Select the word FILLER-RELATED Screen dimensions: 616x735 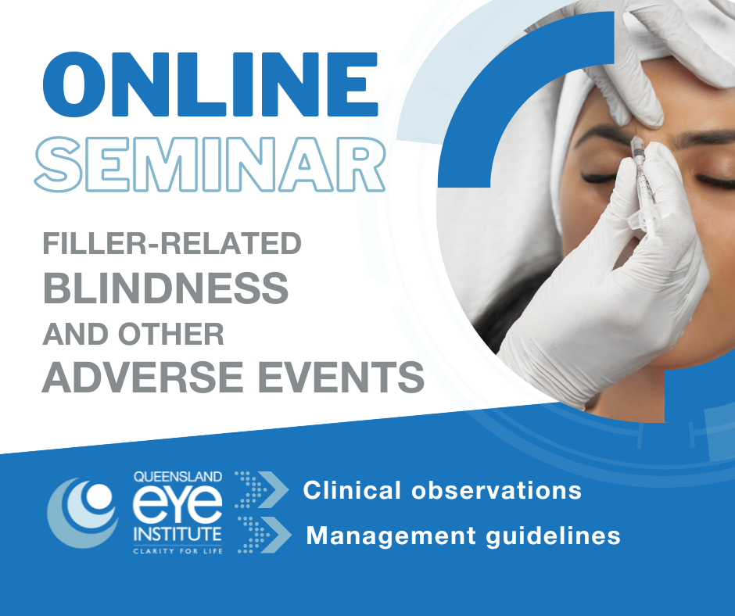point(171,244)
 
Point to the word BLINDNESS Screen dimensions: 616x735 point(165,290)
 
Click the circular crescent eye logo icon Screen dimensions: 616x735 point(81,513)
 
